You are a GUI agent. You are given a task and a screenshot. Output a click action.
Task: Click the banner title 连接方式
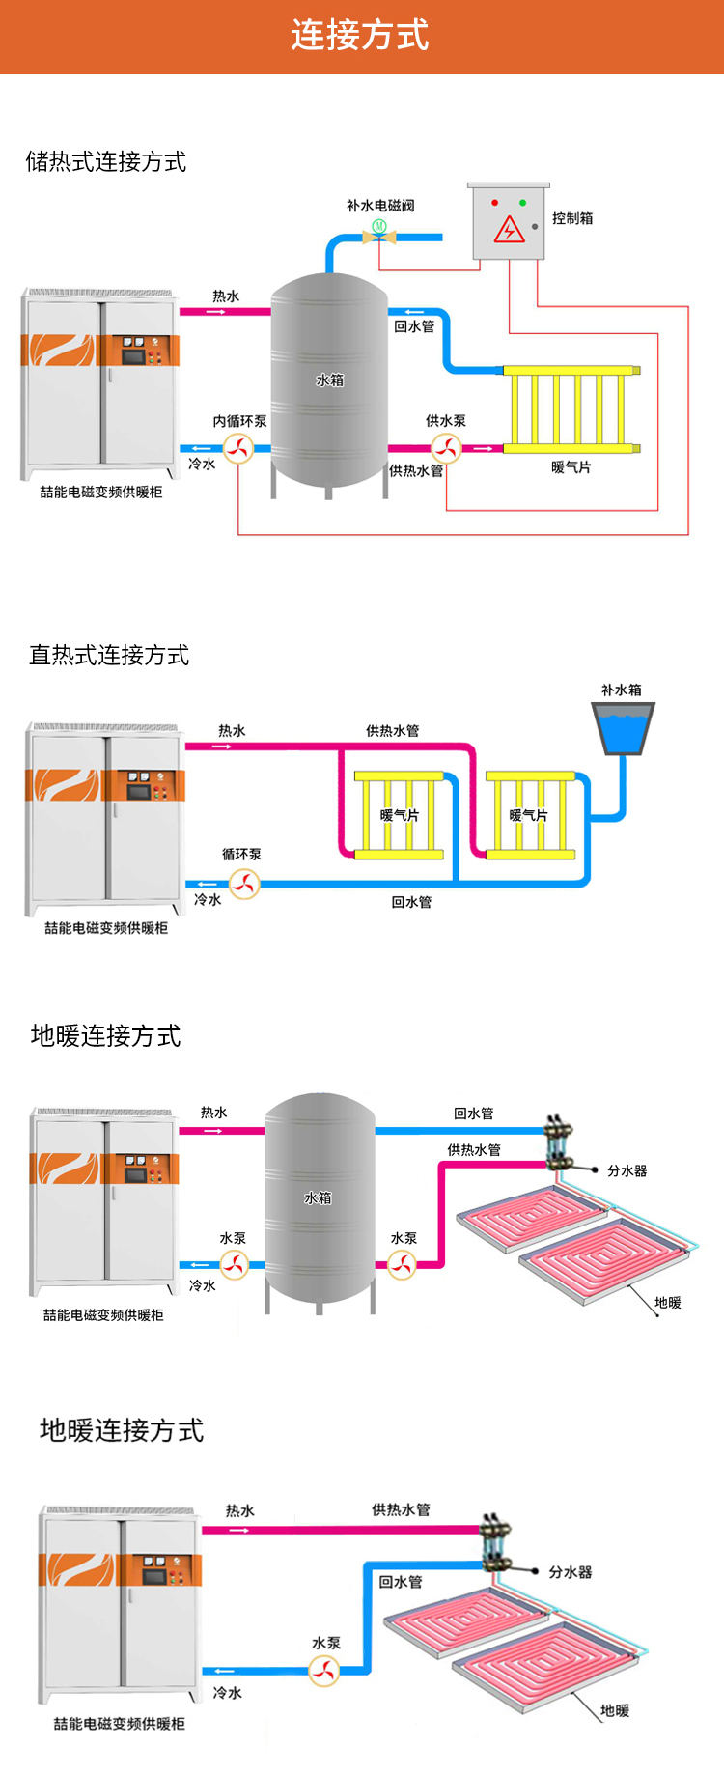tap(360, 36)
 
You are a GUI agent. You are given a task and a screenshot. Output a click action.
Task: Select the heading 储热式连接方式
tap(106, 161)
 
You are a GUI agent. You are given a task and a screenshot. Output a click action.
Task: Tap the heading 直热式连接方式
tap(109, 655)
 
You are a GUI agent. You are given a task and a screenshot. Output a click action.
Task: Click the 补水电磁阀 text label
tap(380, 206)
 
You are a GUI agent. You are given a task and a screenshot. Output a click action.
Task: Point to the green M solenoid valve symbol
tap(379, 227)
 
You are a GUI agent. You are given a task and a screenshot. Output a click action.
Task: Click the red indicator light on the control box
tap(495, 203)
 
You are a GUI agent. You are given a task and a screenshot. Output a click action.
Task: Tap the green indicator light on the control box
tap(522, 203)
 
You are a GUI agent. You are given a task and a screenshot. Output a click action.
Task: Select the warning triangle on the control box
tap(509, 231)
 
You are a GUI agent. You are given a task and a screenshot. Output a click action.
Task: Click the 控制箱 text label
tap(572, 218)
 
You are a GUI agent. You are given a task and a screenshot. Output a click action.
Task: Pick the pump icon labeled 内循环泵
tap(238, 448)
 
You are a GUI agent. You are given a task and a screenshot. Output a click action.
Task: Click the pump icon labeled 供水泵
tap(445, 448)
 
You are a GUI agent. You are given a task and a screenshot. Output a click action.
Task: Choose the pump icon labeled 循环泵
tap(244, 884)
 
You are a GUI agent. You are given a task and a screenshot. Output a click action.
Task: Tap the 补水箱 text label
tap(621, 690)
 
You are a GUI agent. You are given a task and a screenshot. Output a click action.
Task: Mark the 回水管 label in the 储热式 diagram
tap(414, 326)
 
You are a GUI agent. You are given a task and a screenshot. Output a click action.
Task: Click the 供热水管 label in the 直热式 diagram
tap(393, 731)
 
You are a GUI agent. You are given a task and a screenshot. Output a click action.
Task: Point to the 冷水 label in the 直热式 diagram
tap(208, 899)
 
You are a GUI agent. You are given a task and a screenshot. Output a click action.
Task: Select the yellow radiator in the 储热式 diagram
tap(571, 409)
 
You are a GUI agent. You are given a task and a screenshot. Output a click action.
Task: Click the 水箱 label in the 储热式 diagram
tap(330, 380)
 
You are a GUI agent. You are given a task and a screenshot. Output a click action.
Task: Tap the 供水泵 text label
tap(446, 421)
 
